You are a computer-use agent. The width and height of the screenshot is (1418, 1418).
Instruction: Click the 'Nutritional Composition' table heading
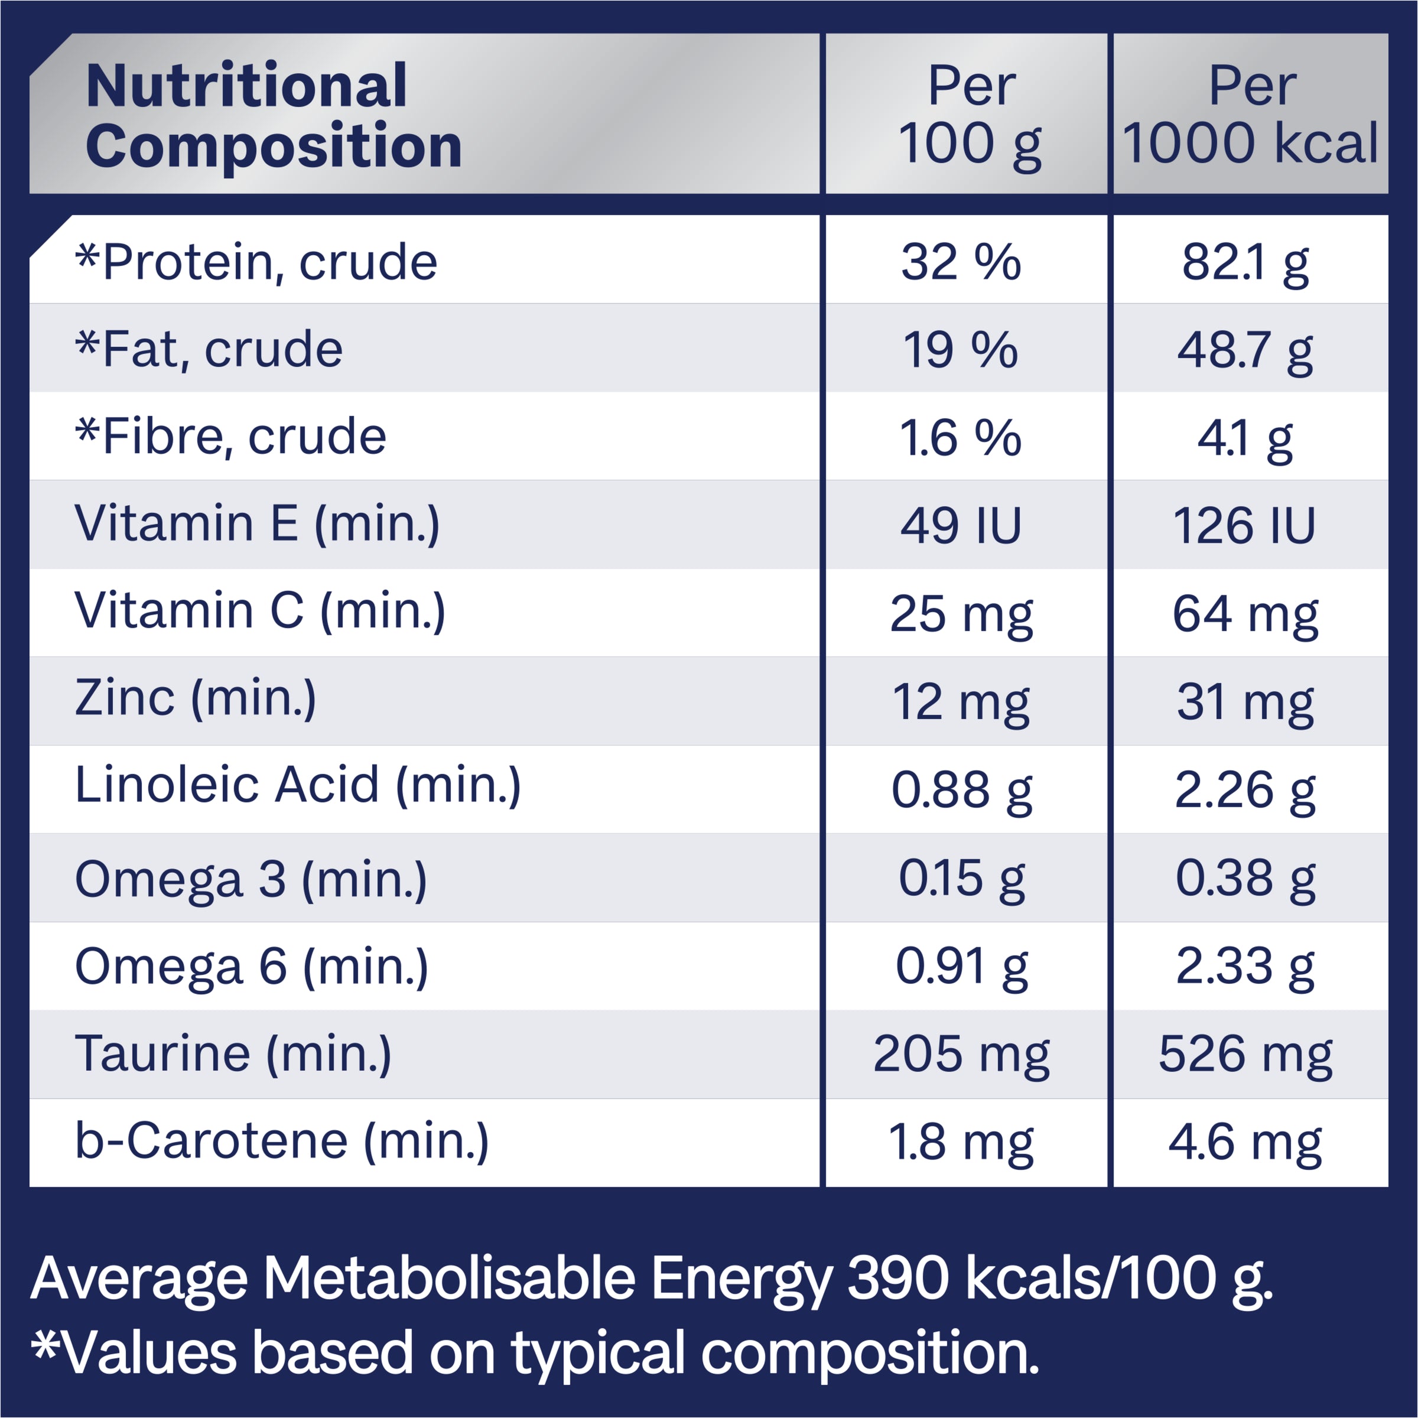(273, 115)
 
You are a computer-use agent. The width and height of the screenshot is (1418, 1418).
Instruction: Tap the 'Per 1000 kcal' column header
(1251, 115)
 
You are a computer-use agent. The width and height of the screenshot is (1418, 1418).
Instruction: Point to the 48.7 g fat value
(1245, 350)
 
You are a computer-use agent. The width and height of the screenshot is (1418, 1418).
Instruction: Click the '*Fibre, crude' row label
(230, 437)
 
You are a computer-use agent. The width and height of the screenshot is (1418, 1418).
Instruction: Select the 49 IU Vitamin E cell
(961, 525)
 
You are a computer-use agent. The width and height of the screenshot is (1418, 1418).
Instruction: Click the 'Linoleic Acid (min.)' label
(298, 785)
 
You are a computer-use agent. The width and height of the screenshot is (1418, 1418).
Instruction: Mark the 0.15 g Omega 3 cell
(961, 879)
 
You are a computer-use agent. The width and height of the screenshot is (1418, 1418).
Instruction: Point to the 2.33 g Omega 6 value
(1245, 967)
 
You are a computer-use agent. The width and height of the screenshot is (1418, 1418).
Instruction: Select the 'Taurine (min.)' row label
(233, 1054)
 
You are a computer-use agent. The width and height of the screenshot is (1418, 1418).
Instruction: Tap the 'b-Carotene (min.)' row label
(282, 1142)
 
